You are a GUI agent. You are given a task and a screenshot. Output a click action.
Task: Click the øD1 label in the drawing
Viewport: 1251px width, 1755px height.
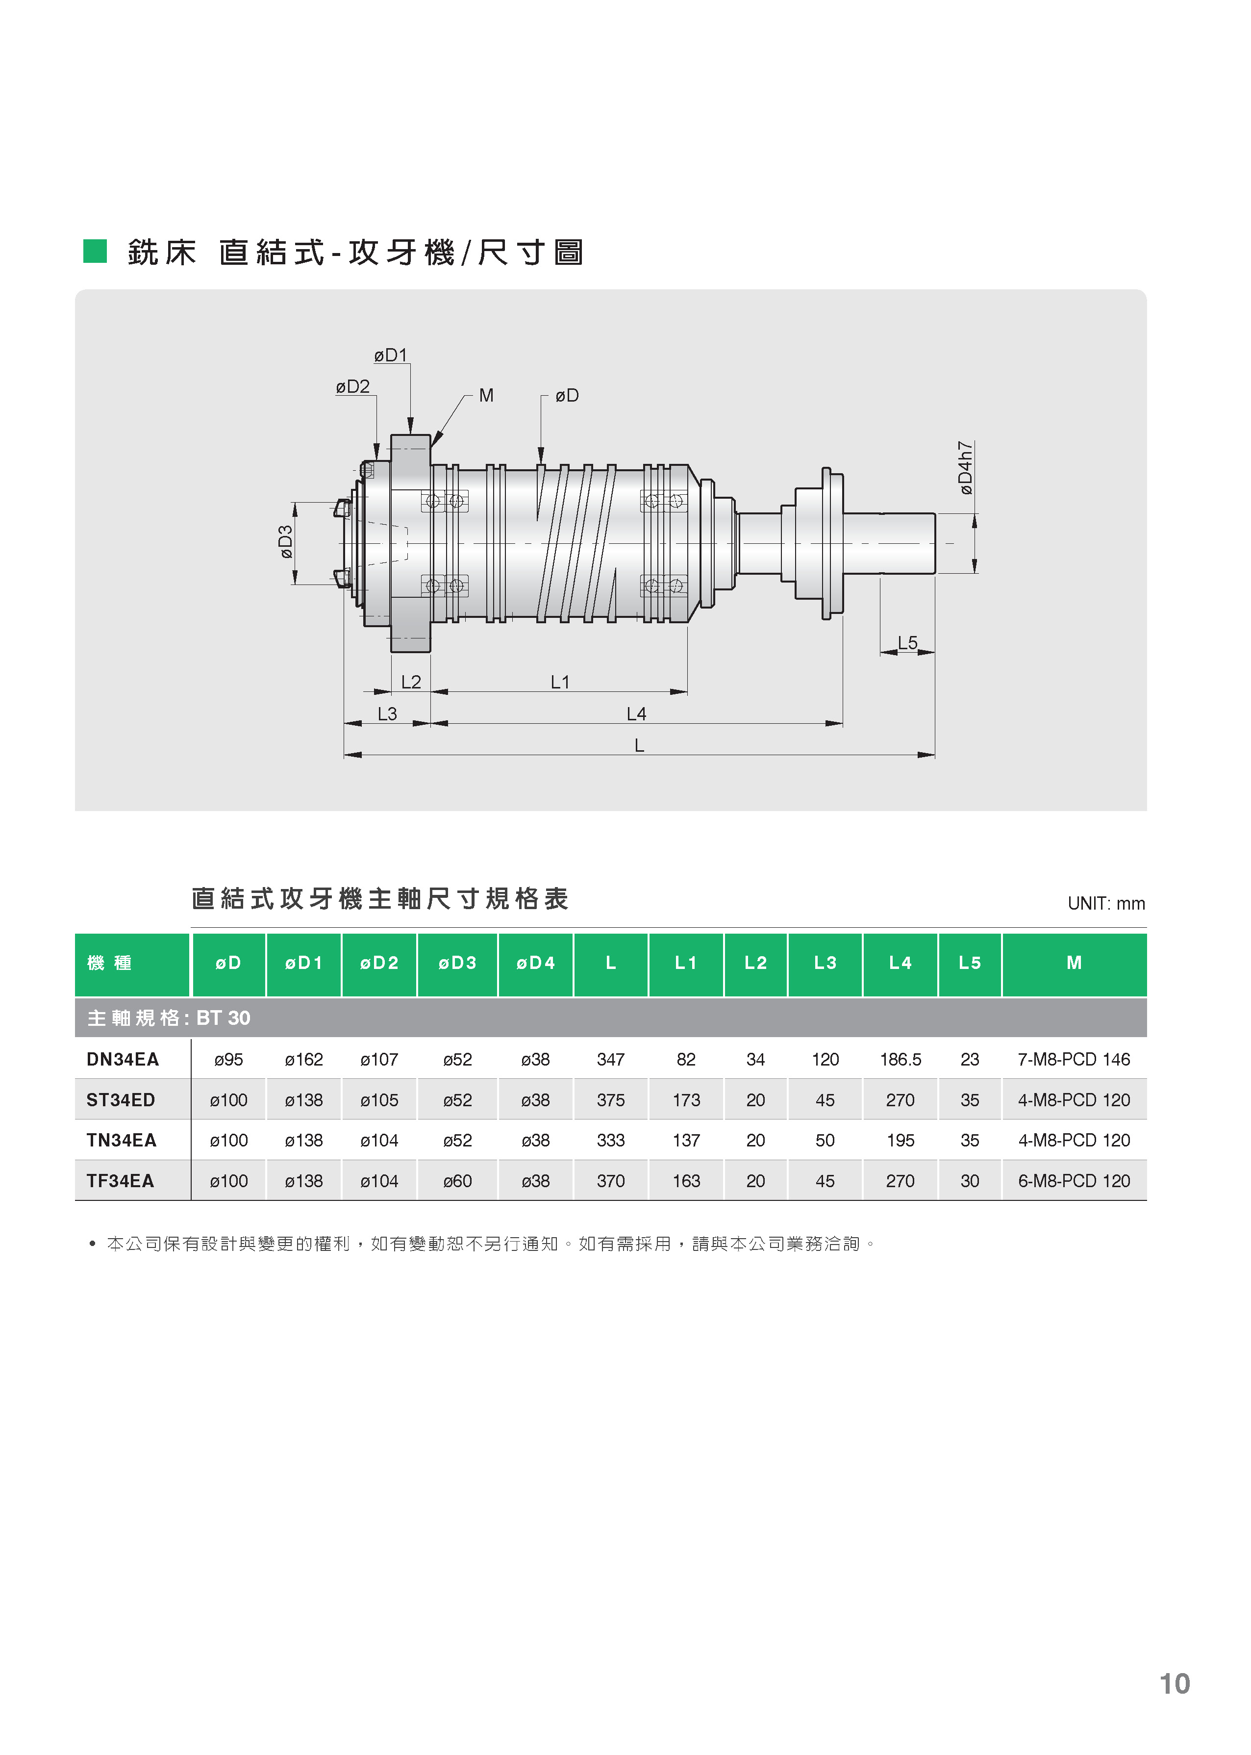391,355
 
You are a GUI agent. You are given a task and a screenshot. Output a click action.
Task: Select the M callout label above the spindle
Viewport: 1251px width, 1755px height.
486,395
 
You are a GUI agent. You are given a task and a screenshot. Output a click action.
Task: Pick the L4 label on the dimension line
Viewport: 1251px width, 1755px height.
636,714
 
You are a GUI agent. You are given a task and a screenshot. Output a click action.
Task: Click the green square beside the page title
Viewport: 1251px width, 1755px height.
95,251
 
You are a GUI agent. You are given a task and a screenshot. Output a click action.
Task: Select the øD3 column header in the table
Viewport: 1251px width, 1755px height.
457,963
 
